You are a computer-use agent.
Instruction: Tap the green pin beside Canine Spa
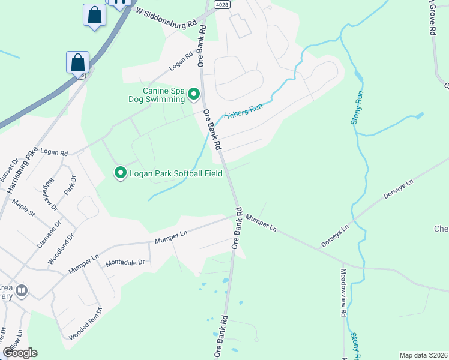tap(194, 94)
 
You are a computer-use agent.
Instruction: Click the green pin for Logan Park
tap(120, 173)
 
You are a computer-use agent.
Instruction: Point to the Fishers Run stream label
tap(243, 112)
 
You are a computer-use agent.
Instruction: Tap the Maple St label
tap(23, 209)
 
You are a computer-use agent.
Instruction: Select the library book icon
tap(22, 291)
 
